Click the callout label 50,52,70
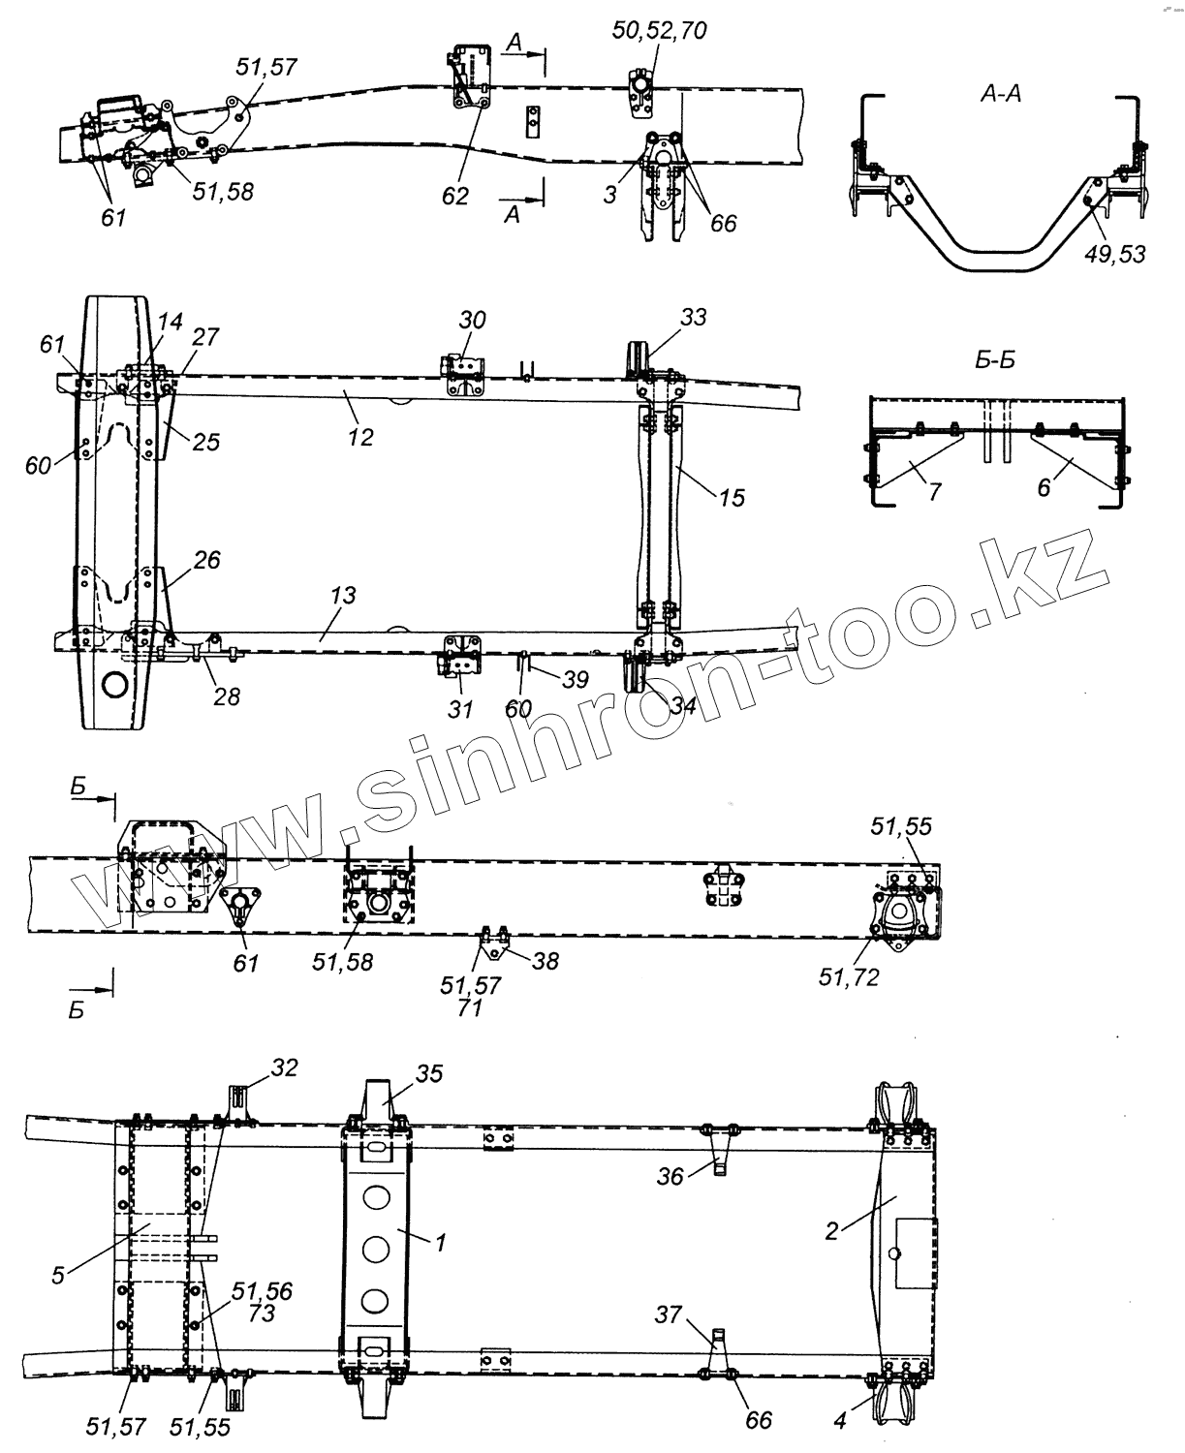point(660,30)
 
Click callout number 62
point(454,196)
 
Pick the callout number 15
point(733,498)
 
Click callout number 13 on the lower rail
point(343,595)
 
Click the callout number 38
point(546,961)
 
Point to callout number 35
point(428,1073)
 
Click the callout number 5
point(58,1275)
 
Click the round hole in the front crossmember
point(114,685)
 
